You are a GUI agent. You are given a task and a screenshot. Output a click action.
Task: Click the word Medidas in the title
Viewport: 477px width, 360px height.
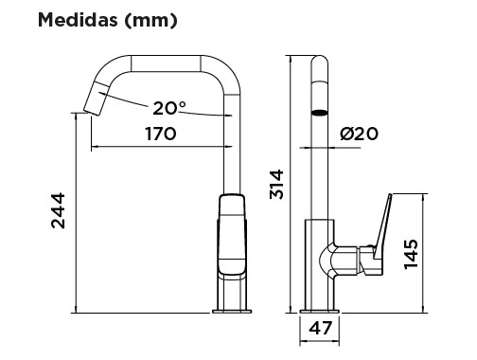pyautogui.click(x=78, y=20)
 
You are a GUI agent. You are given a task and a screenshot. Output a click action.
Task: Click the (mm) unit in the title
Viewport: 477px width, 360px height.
pyautogui.click(x=150, y=21)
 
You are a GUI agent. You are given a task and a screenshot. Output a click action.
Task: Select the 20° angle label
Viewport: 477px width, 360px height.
pyautogui.click(x=169, y=108)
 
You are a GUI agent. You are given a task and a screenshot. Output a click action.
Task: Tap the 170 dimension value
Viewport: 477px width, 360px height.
pyautogui.click(x=161, y=134)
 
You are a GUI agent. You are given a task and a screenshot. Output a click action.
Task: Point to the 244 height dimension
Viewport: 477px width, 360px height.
pyautogui.click(x=58, y=210)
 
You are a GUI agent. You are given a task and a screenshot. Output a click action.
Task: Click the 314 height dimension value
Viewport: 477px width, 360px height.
pyautogui.click(x=276, y=185)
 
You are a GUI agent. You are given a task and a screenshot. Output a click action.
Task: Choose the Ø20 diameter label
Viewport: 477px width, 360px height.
pyautogui.click(x=359, y=134)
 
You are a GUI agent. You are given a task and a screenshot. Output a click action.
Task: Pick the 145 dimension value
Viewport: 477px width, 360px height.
pyautogui.click(x=412, y=254)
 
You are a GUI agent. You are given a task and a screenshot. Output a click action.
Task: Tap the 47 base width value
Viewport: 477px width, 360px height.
pyautogui.click(x=321, y=328)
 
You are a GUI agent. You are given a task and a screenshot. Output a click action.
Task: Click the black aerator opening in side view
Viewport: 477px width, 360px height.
pyautogui.click(x=320, y=113)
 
